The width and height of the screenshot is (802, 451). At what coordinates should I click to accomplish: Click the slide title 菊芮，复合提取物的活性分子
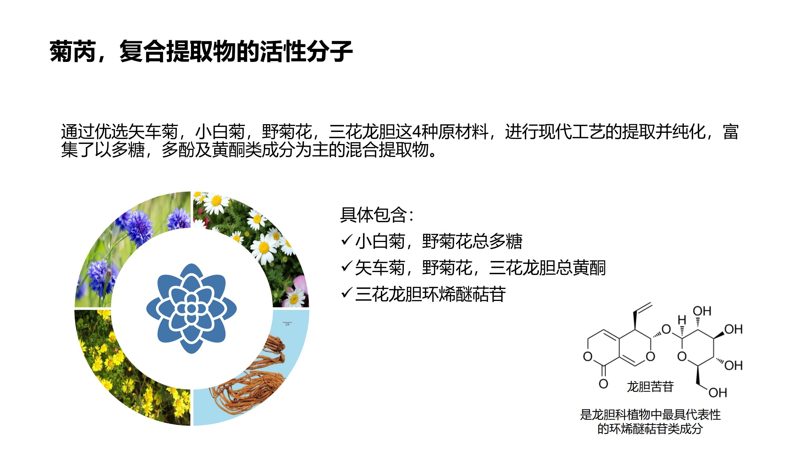pos(201,51)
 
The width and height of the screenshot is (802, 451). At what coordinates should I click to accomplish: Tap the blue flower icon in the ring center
pos(192,308)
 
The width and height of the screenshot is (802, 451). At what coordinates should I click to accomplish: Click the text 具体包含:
pos(377,215)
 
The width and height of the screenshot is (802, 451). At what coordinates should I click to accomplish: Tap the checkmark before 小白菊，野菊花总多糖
pos(346,240)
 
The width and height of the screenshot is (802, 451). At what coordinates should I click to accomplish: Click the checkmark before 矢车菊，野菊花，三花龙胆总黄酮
pos(346,267)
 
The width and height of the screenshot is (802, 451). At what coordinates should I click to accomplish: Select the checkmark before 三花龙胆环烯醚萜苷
pos(346,293)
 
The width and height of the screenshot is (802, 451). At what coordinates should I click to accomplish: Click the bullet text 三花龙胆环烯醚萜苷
pos(430,294)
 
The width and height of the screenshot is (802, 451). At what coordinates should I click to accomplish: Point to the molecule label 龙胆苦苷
pos(650,387)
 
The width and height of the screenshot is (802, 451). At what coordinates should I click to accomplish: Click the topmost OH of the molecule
pos(702,311)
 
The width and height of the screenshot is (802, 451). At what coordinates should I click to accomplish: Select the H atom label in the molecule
pos(682,320)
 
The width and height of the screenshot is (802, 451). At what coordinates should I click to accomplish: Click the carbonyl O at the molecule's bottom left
pos(603,383)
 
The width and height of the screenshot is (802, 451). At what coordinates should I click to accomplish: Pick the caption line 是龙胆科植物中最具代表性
pos(650,415)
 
